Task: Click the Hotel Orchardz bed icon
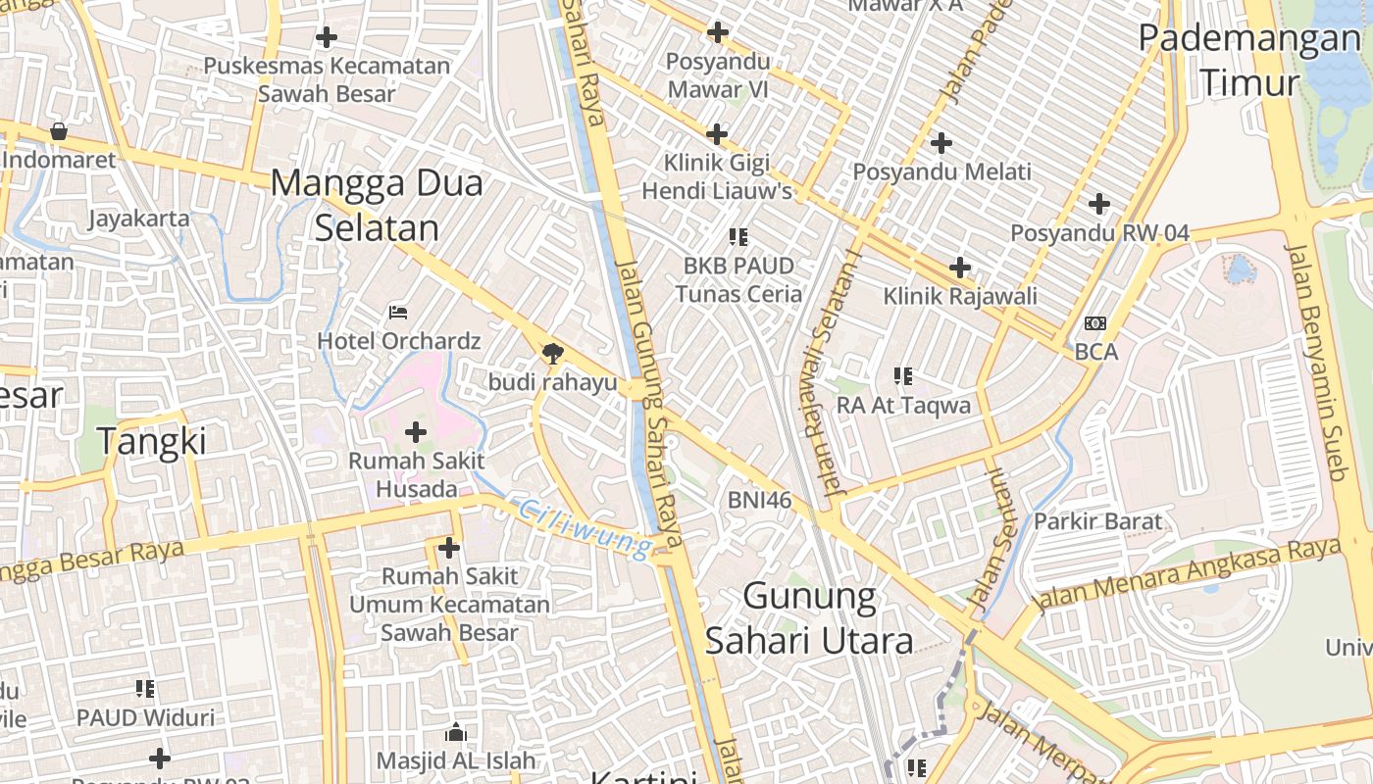point(398,312)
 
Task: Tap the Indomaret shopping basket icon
point(59,130)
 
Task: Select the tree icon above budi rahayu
point(553,353)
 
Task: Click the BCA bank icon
point(1095,322)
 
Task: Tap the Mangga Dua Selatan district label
point(377,205)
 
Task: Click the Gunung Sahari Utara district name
point(809,617)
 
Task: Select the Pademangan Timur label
point(1248,61)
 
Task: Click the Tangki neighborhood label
point(152,442)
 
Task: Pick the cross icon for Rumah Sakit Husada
point(416,431)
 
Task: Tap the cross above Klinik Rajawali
point(960,267)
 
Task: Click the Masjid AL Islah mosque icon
point(456,732)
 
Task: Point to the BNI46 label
point(759,500)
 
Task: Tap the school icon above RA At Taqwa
point(903,375)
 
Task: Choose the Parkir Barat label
point(1097,521)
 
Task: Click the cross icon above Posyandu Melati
point(941,143)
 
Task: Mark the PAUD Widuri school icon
point(145,689)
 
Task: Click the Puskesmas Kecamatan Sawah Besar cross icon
point(327,37)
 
